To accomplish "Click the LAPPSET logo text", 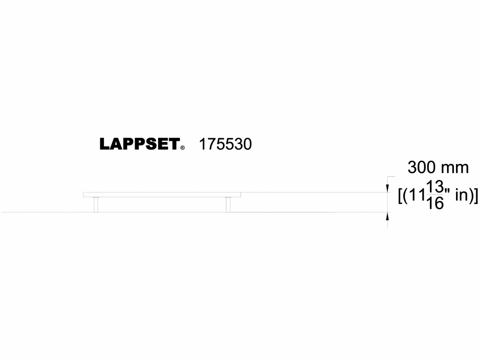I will pyautogui.click(x=139, y=145).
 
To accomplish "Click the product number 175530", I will pyautogui.click(x=225, y=145).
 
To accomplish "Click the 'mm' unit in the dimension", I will pyautogui.click(x=455, y=168).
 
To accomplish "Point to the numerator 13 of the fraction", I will pyautogui.click(x=435, y=186).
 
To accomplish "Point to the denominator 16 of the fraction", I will pyautogui.click(x=435, y=203).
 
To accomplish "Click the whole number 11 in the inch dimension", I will pyautogui.click(x=416, y=196).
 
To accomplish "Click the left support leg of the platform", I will pyautogui.click(x=96, y=205).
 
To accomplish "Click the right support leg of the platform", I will pyautogui.click(x=228, y=205).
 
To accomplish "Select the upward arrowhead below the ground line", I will pyautogui.click(x=387, y=217).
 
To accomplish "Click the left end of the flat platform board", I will pyautogui.click(x=85, y=195).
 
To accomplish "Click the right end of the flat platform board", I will pyautogui.click(x=239, y=195).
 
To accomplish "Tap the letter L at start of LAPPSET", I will pyautogui.click(x=104, y=145).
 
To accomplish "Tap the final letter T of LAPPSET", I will pyautogui.click(x=174, y=145).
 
